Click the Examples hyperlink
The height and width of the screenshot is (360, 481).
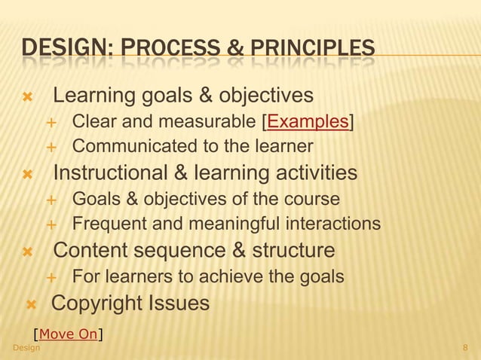tap(308, 122)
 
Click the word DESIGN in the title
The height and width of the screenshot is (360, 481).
tap(66, 50)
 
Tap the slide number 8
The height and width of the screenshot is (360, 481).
tap(465, 347)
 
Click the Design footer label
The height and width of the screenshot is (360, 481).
tap(27, 347)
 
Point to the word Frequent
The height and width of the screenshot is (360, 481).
tap(105, 224)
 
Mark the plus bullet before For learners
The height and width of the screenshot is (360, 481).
tap(52, 277)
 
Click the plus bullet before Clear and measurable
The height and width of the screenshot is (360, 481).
tap(52, 122)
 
